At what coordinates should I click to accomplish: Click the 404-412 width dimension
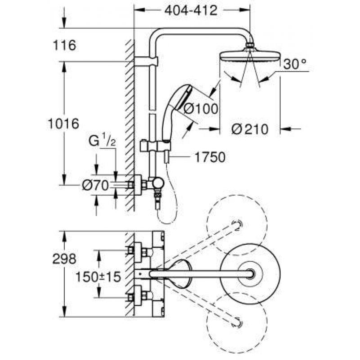pyautogui.click(x=191, y=10)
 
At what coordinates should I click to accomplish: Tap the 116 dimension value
pyautogui.click(x=64, y=45)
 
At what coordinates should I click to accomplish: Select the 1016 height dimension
pyautogui.click(x=63, y=123)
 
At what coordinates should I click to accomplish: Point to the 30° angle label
pyautogui.click(x=295, y=64)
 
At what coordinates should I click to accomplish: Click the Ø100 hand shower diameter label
pyautogui.click(x=201, y=108)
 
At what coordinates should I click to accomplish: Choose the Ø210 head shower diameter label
pyautogui.click(x=250, y=129)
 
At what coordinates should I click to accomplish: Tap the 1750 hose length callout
pyautogui.click(x=210, y=157)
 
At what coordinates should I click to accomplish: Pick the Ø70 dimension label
pyautogui.click(x=95, y=185)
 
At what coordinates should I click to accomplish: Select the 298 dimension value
pyautogui.click(x=64, y=259)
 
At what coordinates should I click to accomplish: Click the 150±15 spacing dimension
pyautogui.click(x=98, y=277)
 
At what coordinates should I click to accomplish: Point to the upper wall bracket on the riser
pyautogui.click(x=146, y=61)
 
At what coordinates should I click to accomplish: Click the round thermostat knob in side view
pyautogui.click(x=158, y=183)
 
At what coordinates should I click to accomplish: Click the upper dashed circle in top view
pyautogui.click(x=237, y=225)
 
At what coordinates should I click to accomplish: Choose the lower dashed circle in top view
pyautogui.click(x=237, y=323)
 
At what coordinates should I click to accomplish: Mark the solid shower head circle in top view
pyautogui.click(x=250, y=274)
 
